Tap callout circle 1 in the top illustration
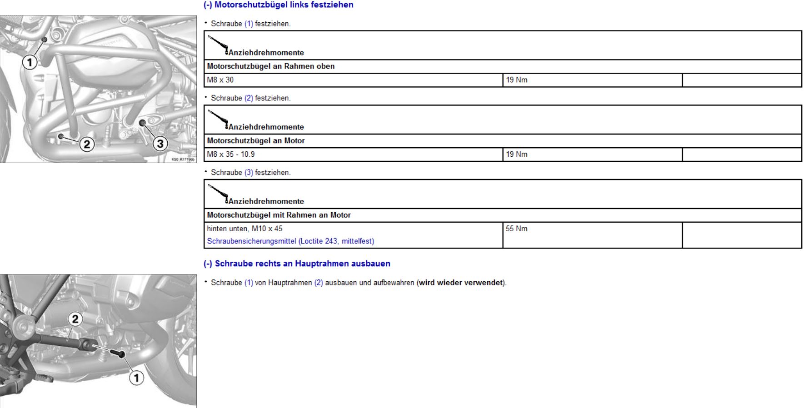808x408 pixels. [30, 62]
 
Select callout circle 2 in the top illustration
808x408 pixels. [87, 144]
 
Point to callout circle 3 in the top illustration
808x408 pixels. [160, 144]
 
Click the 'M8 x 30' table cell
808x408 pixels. [220, 80]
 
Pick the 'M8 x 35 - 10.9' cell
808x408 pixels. [231, 154]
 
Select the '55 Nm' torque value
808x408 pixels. [517, 229]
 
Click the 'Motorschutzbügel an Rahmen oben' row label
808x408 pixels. [271, 66]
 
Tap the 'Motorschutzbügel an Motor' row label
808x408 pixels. [256, 141]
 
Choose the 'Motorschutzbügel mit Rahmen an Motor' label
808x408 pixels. [279, 215]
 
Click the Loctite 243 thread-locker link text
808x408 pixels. [290, 241]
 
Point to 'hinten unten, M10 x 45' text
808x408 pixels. [244, 229]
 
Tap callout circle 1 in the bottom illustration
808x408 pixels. [136, 378]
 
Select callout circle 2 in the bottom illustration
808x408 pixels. [75, 319]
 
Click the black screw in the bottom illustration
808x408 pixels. [120, 353]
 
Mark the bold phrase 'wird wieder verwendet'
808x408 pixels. [461, 283]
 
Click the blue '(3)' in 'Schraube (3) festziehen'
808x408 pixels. [249, 173]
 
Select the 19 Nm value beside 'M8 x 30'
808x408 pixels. [517, 80]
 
